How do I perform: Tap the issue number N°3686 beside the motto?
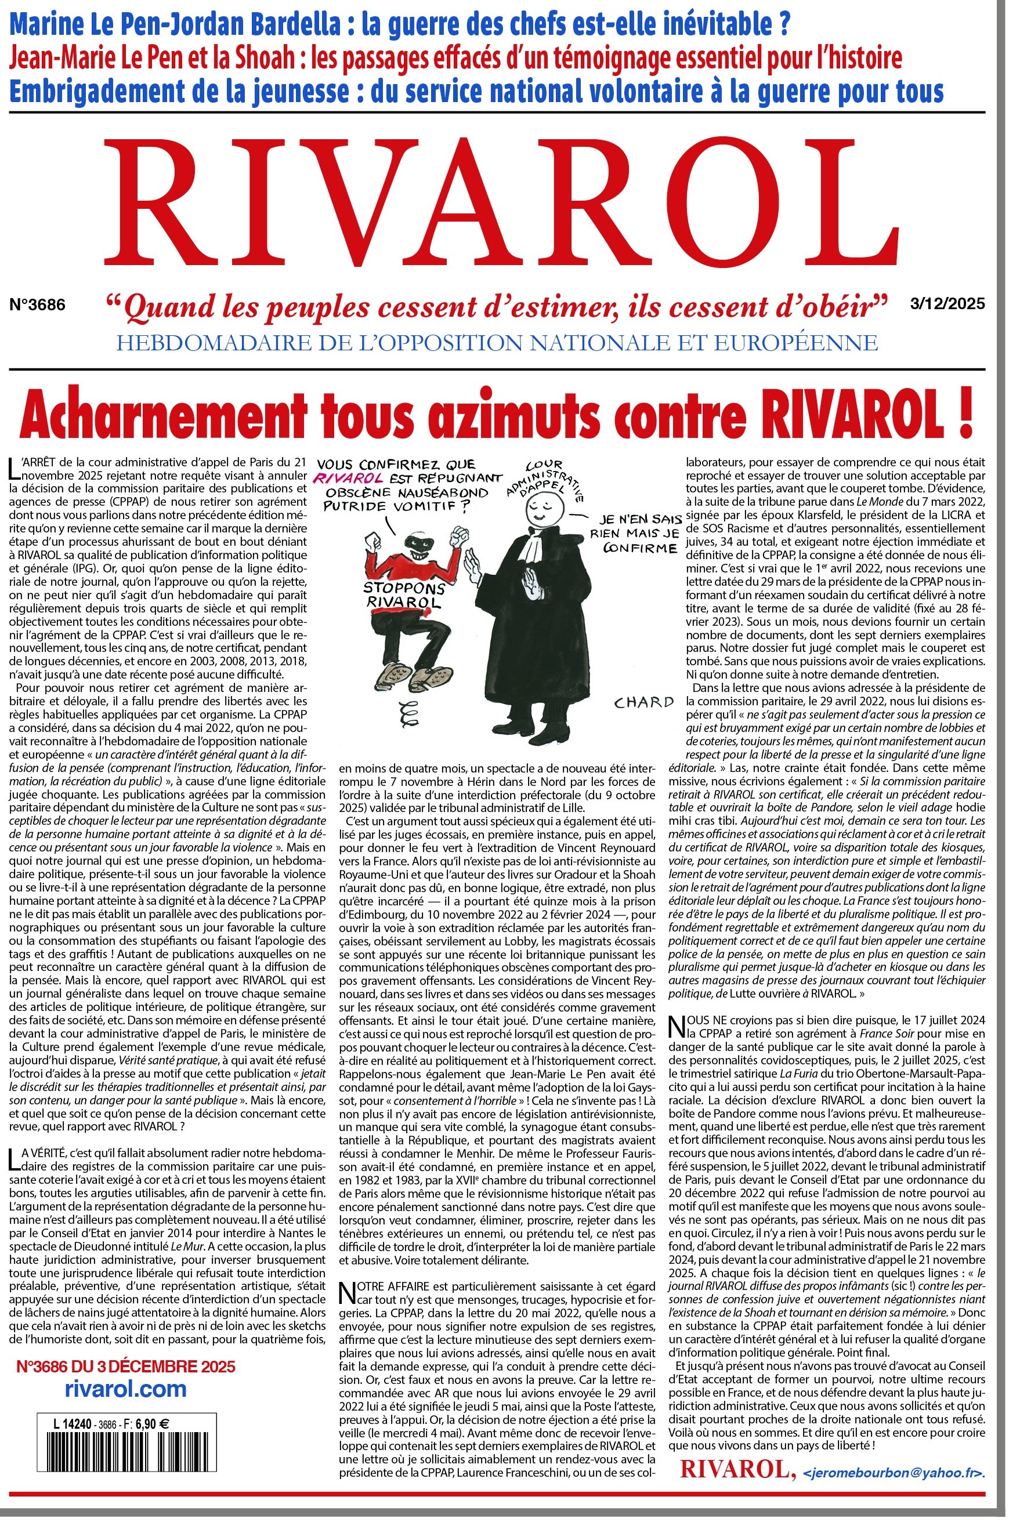tap(38, 304)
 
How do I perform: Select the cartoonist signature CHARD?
tap(643, 702)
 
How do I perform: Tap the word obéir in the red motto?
tap(839, 306)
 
